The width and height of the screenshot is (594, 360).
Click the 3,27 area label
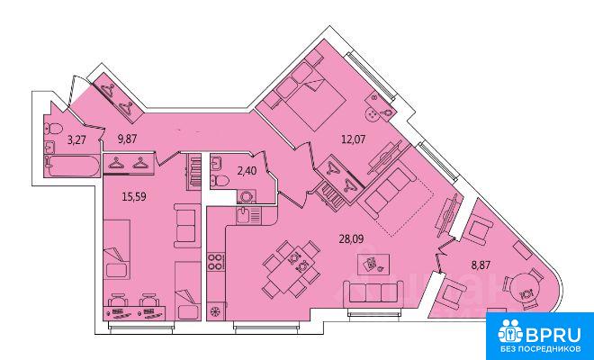coord(76,140)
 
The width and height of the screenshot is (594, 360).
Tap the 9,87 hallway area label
coord(127,139)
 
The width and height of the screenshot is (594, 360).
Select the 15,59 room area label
coord(134,196)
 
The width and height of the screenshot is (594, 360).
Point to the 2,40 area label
coord(247,171)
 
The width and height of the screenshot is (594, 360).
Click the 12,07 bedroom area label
coord(353,139)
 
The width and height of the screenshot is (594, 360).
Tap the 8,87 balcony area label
coord(481,265)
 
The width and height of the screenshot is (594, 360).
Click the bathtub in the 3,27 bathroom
coord(73,166)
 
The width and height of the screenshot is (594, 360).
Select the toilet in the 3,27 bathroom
coord(53,130)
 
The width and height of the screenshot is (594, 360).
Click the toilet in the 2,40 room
coord(220,181)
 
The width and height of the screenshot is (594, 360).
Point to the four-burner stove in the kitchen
coord(216,262)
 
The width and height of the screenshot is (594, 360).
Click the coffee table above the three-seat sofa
coord(373,264)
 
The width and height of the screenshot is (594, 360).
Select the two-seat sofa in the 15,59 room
coord(187,226)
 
